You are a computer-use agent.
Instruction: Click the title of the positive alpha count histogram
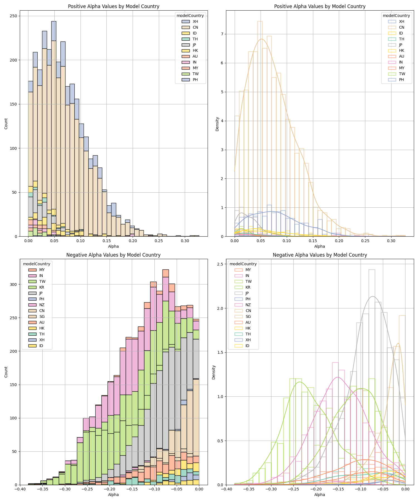click(x=114, y=6)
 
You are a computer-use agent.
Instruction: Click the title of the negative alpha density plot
click(x=320, y=255)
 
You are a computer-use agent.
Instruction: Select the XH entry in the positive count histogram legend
click(x=195, y=21)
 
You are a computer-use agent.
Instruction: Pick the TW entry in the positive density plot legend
click(x=402, y=74)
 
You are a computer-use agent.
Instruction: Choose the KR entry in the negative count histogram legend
click(x=42, y=287)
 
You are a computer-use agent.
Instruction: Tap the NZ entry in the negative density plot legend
click(x=248, y=305)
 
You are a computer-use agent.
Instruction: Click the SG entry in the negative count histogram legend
click(x=42, y=316)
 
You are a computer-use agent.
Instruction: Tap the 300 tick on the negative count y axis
click(x=13, y=284)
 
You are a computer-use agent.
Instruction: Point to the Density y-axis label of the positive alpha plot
click(x=217, y=124)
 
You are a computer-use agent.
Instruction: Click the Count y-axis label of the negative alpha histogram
click(x=6, y=372)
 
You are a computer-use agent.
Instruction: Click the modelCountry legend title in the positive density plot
click(x=396, y=16)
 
